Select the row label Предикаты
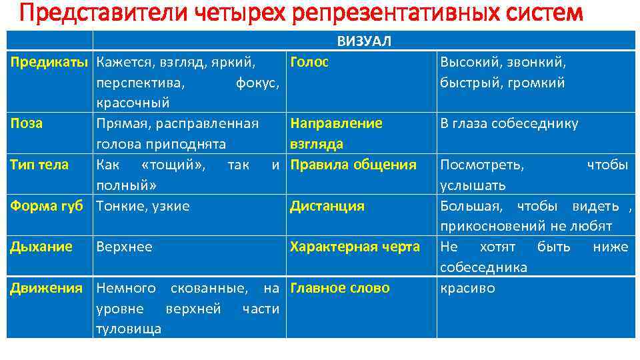click(49, 63)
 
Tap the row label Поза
click(27, 123)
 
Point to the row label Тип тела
click(39, 164)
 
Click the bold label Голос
click(309, 63)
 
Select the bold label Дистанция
click(327, 206)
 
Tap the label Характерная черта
click(355, 247)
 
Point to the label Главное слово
click(339, 288)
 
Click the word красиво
click(467, 288)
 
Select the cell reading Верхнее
click(124, 247)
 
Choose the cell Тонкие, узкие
click(143, 206)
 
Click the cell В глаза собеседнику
click(509, 123)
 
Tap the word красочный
click(133, 103)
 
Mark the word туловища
click(129, 329)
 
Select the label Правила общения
click(353, 164)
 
